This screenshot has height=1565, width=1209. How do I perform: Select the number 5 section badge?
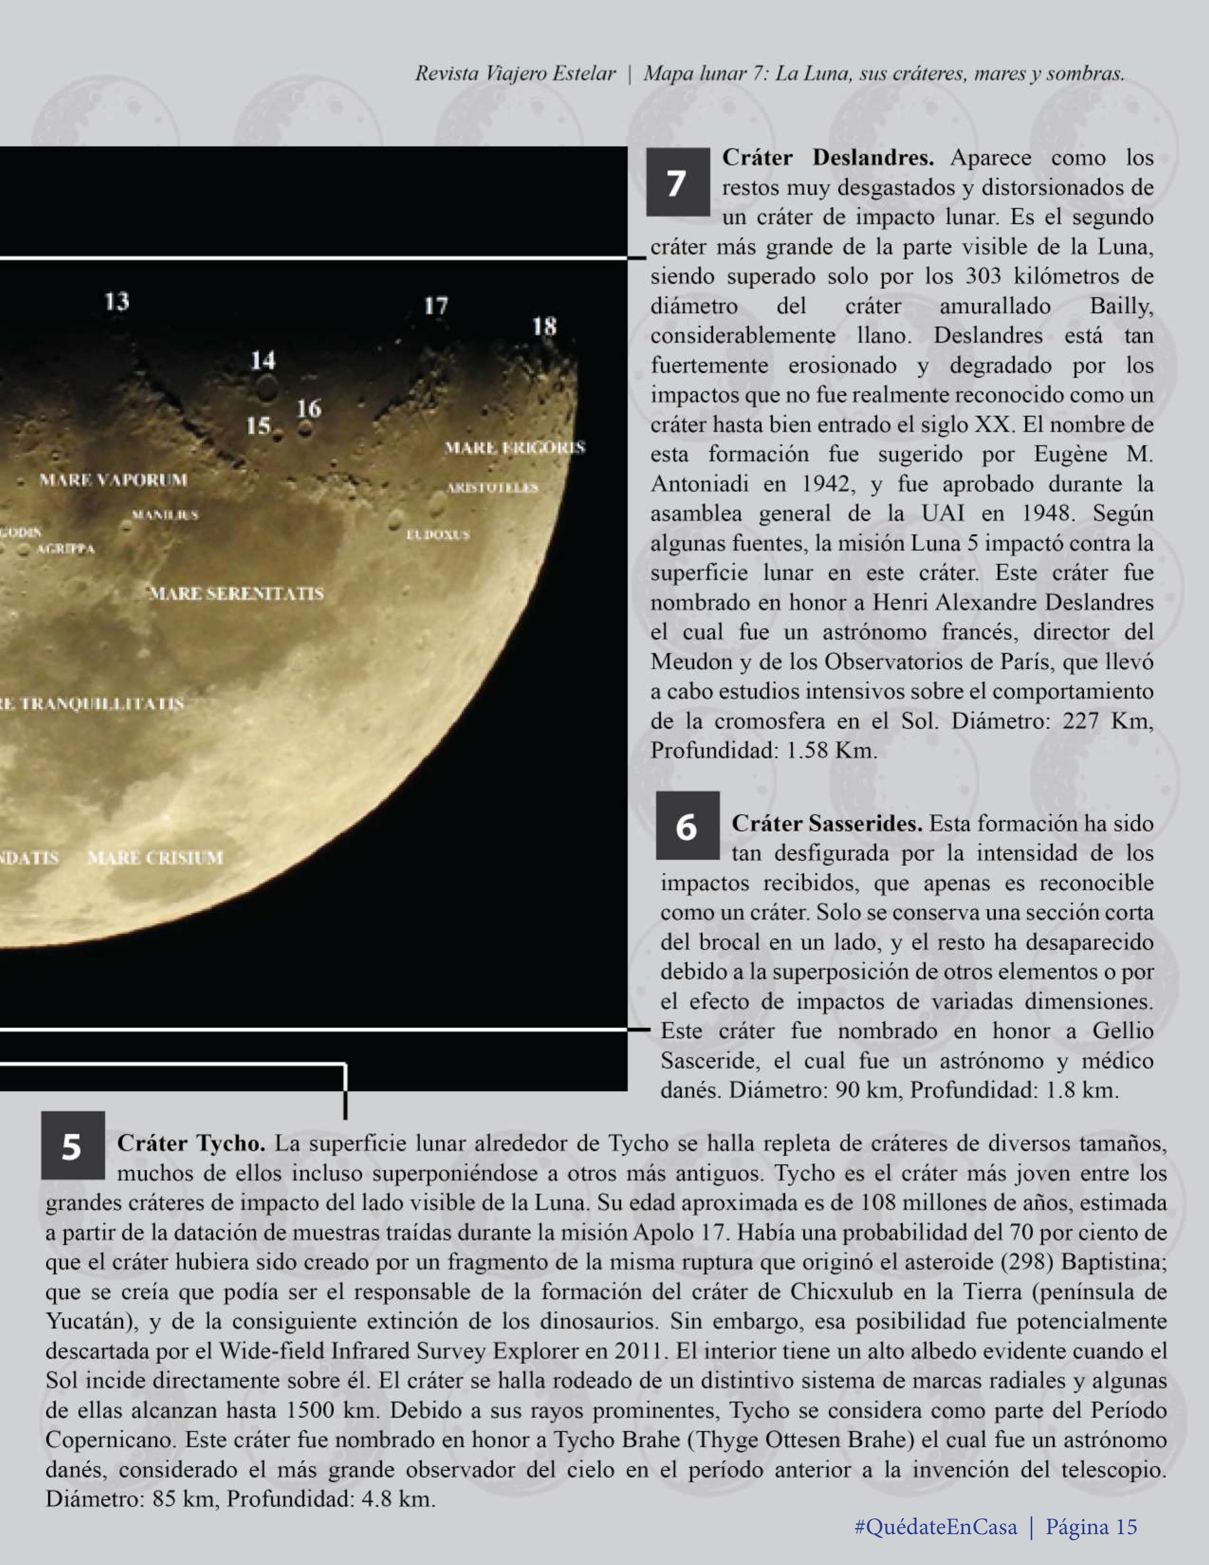[x=73, y=1145]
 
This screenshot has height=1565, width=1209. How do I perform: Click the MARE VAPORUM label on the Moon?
[x=113, y=479]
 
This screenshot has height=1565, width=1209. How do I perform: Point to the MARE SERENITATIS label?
[x=237, y=593]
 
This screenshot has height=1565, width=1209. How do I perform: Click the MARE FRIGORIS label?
[x=514, y=448]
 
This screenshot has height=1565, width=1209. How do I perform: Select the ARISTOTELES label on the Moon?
[x=492, y=488]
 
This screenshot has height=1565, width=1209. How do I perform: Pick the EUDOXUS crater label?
[x=438, y=535]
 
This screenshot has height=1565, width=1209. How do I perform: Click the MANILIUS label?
[x=165, y=514]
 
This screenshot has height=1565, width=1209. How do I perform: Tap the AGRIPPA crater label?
[x=65, y=549]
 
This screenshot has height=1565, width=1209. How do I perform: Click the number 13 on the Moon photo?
[x=117, y=301]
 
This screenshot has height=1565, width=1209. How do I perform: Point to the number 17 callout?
[x=436, y=306]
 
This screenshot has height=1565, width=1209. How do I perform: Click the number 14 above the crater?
[x=263, y=360]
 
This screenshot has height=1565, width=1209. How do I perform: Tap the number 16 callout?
[x=308, y=409]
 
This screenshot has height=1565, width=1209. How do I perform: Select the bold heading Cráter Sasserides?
[x=827, y=824]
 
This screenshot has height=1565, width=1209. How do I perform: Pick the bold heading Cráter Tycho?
[x=191, y=1143]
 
